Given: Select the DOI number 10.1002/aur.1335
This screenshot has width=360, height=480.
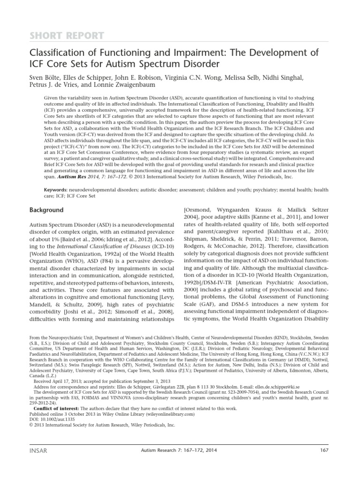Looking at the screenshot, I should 54,419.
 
